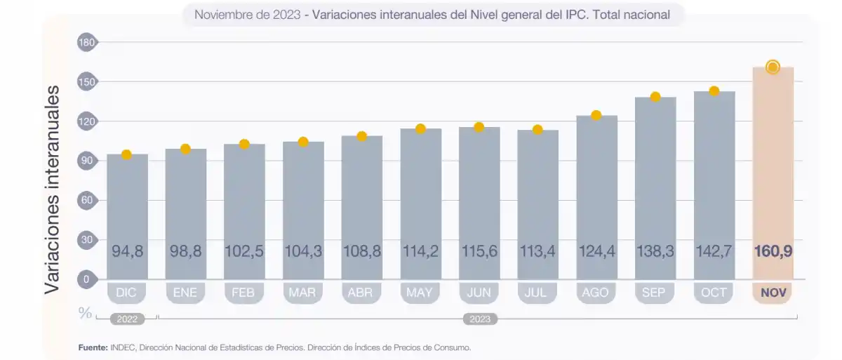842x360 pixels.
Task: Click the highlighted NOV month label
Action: coord(773,293)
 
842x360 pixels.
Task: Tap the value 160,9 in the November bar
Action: coord(773,251)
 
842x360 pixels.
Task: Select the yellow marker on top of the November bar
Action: coord(773,67)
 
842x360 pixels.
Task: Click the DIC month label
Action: coord(127,293)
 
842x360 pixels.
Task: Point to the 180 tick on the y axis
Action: coord(87,43)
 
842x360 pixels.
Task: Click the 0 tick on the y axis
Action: coord(87,279)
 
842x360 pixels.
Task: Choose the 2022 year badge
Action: coord(127,319)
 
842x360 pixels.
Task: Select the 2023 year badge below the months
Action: coord(480,319)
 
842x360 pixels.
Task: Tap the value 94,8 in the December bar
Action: coord(127,251)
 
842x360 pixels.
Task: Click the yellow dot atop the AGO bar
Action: coord(596,115)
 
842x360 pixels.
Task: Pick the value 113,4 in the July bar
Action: coord(537,251)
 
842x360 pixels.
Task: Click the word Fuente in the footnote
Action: coord(93,347)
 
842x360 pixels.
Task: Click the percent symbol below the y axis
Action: coord(86,313)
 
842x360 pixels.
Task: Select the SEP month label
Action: coord(655,293)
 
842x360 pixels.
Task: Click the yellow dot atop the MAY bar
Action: coord(420,128)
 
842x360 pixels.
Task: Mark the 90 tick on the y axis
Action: coord(87,161)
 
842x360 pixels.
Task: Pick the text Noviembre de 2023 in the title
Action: coord(247,14)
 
